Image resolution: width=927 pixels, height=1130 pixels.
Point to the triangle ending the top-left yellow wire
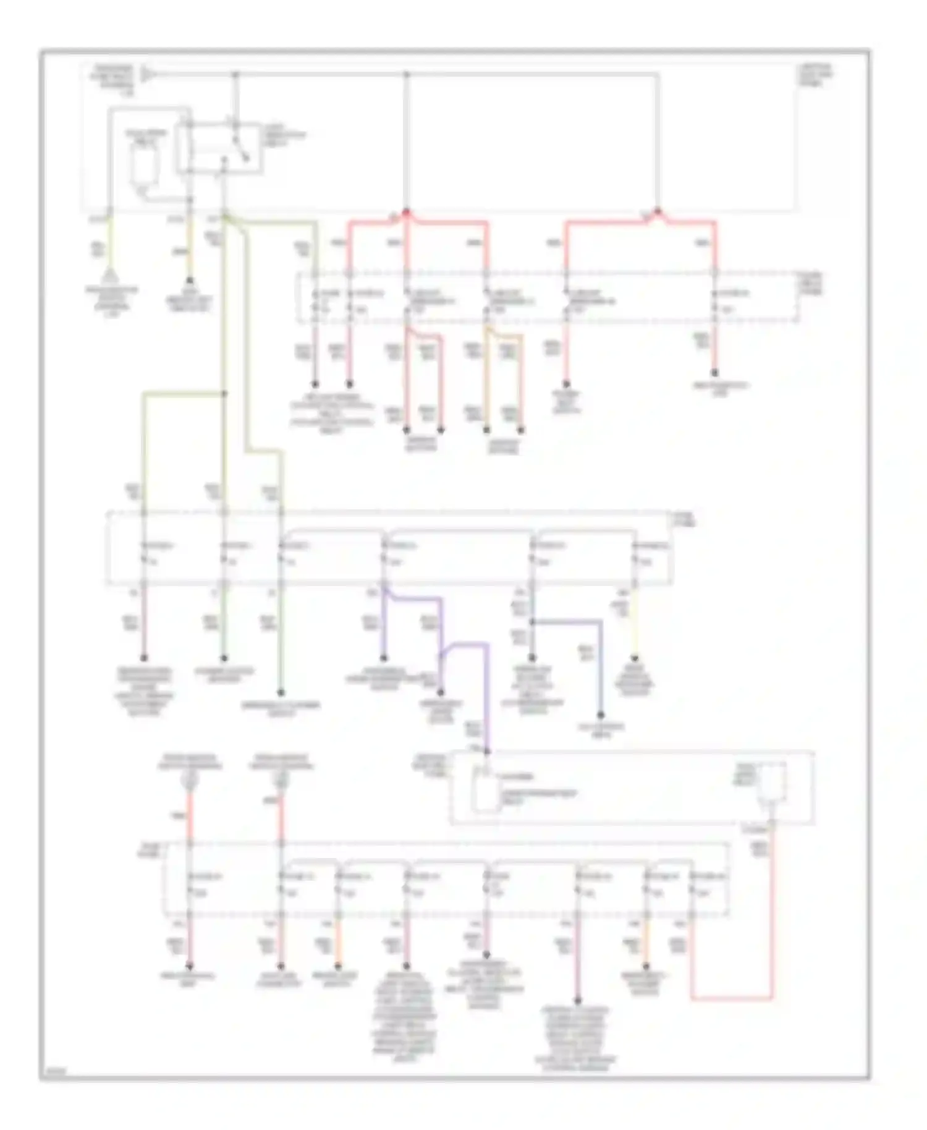pyautogui.click(x=109, y=274)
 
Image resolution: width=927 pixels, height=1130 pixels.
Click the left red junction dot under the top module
pyautogui.click(x=406, y=212)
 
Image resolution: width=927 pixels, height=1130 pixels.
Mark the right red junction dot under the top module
pyautogui.click(x=657, y=212)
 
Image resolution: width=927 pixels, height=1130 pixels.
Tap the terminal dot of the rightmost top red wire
pyautogui.click(x=714, y=373)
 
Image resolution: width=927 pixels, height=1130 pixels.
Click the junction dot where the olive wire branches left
pyautogui.click(x=224, y=393)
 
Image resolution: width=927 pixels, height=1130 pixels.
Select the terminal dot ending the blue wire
pyautogui.click(x=600, y=715)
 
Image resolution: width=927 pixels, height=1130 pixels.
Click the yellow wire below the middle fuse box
pyautogui.click(x=634, y=627)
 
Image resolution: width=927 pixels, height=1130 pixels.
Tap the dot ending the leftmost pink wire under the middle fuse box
pyautogui.click(x=143, y=658)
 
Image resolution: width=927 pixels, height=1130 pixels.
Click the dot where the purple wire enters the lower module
pyautogui.click(x=486, y=752)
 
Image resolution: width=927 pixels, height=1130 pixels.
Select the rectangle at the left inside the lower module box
pyautogui.click(x=485, y=791)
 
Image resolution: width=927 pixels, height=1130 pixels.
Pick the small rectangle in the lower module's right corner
pyautogui.click(x=772, y=783)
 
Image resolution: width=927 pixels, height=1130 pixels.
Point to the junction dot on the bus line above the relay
pyautogui.click(x=235, y=74)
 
